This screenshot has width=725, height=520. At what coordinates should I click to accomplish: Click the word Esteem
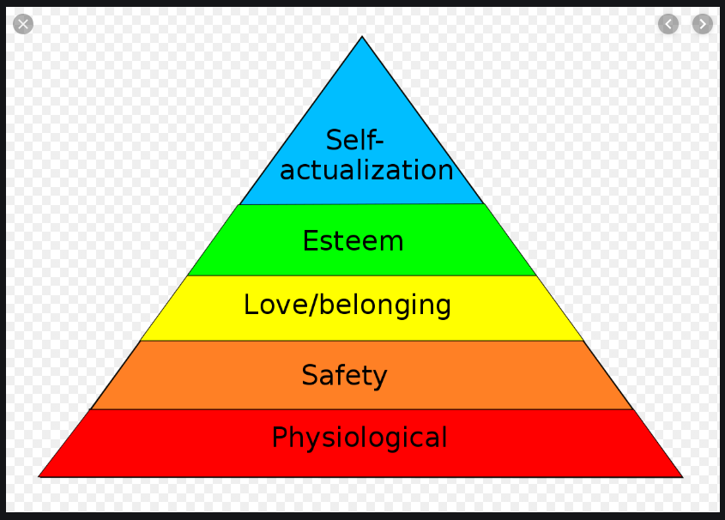[353, 241]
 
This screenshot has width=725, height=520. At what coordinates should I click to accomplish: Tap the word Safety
[344, 375]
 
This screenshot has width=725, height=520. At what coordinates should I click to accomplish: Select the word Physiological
[359, 438]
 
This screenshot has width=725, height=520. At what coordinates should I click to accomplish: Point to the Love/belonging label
[347, 305]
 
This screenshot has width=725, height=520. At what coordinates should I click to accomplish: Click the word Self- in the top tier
[354, 140]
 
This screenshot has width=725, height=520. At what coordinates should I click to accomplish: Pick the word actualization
[366, 170]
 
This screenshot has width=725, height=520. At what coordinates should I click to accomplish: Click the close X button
[23, 24]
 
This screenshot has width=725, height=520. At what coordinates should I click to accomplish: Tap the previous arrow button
[668, 24]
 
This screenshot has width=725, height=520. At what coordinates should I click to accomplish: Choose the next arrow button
[703, 24]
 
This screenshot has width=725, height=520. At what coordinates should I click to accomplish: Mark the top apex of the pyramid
[362, 37]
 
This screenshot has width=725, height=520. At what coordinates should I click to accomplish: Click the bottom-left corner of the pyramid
[39, 475]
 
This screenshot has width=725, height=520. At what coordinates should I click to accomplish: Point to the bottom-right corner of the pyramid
[682, 476]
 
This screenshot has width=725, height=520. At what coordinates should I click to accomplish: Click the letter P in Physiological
[279, 438]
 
